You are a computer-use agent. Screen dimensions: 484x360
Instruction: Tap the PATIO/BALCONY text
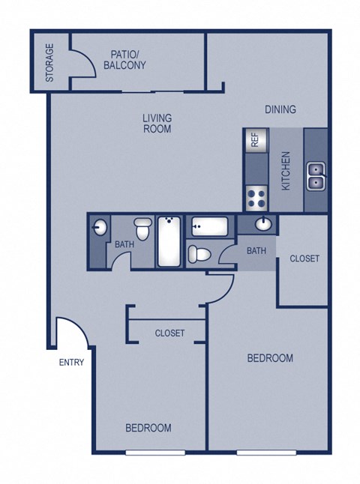point(127,60)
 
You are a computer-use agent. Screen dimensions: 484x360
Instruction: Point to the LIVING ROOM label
point(157,123)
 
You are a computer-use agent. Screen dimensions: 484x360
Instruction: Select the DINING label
point(280,109)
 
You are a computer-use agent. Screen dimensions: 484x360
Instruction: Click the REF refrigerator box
point(254,139)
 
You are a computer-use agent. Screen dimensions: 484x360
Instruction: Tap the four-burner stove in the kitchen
point(255,198)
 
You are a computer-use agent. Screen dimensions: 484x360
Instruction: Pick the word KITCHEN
point(286,171)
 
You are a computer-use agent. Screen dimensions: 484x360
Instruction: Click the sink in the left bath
point(100,228)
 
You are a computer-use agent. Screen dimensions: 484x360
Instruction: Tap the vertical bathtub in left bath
point(169,241)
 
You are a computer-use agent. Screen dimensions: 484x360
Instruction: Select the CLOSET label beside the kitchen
point(304,258)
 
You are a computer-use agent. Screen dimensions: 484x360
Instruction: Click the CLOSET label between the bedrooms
point(169,333)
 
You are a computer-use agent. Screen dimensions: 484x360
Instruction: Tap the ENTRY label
point(71,363)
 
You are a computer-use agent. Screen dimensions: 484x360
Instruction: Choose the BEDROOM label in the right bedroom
point(270,358)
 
